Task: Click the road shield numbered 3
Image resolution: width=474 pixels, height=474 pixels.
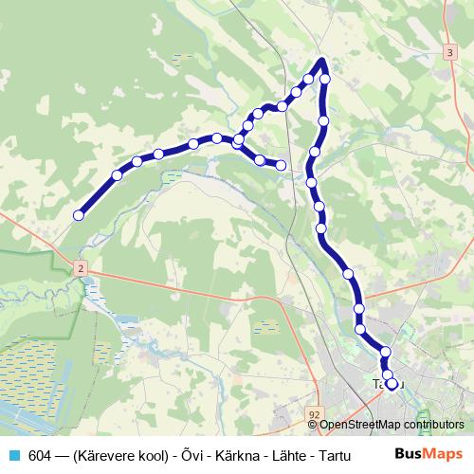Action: [x=448, y=54]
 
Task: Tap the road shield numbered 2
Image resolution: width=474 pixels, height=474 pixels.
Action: [x=82, y=269]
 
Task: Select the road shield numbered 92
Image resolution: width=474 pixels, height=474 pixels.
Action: [x=314, y=414]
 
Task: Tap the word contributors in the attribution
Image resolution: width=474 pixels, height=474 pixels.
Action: [x=433, y=425]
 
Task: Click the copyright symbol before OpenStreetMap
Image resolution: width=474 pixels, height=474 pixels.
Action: [x=313, y=425]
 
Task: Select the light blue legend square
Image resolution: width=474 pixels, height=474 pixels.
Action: [x=12, y=455]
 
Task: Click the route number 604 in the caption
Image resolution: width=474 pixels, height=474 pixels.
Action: [x=40, y=455]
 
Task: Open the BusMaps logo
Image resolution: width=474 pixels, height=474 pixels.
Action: [x=429, y=454]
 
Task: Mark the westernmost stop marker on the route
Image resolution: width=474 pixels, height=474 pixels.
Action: [x=79, y=215]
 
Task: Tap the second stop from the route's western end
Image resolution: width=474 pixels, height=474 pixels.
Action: [x=117, y=174]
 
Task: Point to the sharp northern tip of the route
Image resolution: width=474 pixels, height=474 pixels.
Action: [x=322, y=62]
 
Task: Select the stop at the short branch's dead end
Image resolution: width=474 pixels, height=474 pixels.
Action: [x=281, y=166]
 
